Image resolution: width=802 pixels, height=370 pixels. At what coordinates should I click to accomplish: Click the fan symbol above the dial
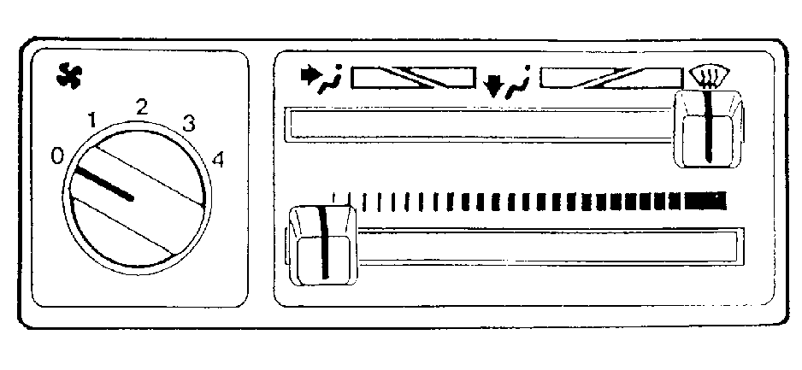69,77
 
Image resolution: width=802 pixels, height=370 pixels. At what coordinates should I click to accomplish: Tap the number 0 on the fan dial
57,157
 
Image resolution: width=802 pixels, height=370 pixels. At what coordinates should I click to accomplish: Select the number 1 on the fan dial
92,120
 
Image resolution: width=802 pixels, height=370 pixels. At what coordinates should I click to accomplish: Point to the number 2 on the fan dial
142,108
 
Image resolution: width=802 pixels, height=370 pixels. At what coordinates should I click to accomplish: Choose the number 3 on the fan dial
189,124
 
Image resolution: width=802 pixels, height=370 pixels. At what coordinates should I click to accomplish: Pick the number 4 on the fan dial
218,161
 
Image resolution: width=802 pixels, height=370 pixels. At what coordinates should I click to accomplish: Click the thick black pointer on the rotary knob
103,183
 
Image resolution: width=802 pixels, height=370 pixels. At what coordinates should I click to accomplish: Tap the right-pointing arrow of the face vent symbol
309,75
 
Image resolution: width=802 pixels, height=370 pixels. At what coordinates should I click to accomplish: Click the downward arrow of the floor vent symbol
493,85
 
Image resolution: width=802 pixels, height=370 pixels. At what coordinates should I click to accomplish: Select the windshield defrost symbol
710,77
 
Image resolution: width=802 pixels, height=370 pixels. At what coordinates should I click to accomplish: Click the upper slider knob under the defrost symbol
708,129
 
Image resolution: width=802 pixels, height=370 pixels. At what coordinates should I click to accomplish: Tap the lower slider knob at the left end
322,245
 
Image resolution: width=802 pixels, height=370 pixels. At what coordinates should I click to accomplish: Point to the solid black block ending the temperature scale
705,202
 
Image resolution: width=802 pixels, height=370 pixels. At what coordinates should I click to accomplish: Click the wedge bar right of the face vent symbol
413,77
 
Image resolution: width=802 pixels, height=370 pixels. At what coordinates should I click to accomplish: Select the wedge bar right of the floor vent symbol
611,77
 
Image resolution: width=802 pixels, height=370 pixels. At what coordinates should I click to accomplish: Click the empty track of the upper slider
481,124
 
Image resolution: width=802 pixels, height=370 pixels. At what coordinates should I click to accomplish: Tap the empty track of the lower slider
548,247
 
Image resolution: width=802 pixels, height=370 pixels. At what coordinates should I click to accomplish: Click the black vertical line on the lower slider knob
324,243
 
